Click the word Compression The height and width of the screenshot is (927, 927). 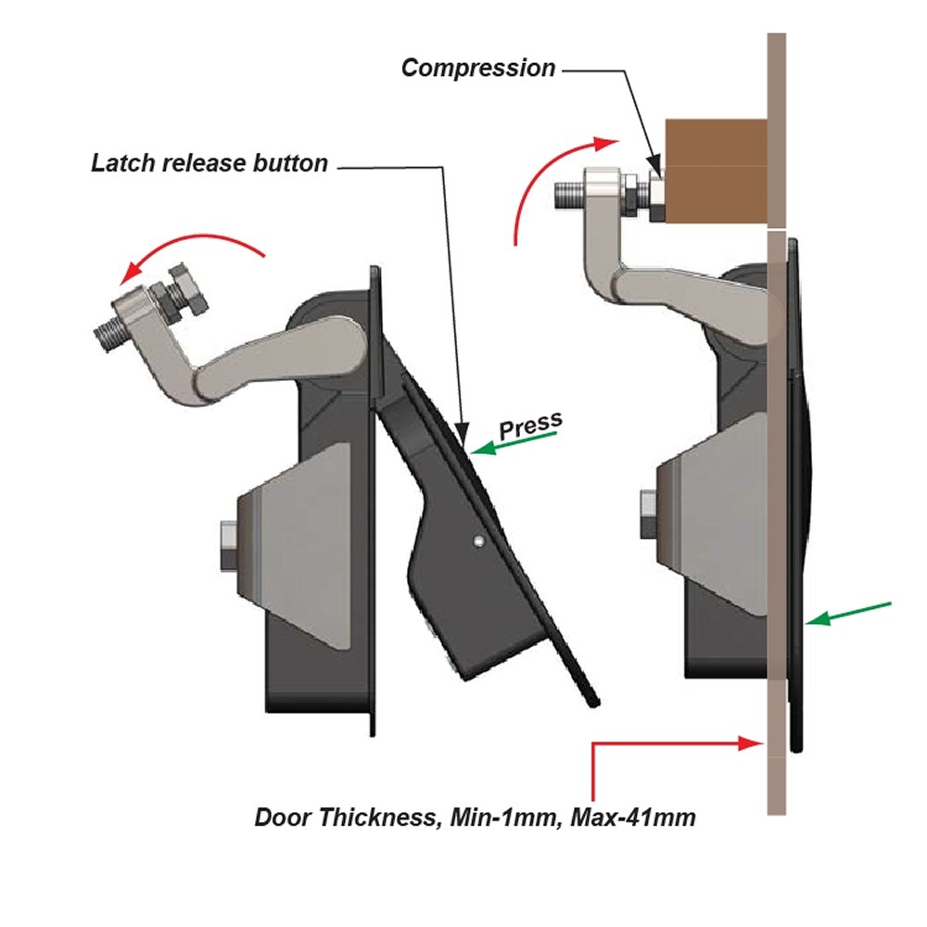coord(478,68)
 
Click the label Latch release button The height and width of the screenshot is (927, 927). coord(210,163)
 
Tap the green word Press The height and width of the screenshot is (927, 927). coord(531,425)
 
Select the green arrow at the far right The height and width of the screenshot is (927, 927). coord(848,613)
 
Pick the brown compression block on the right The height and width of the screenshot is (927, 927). coord(715,172)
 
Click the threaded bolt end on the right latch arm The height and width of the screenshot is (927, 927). coord(568,196)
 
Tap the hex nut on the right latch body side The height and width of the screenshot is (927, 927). coord(646,509)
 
